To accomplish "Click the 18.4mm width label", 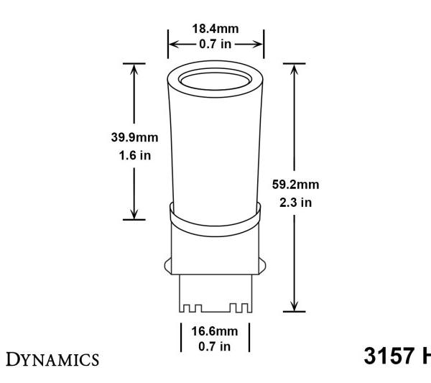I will (x=215, y=29).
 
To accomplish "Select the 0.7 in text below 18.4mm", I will (x=215, y=44).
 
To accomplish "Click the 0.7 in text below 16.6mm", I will (x=215, y=346).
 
